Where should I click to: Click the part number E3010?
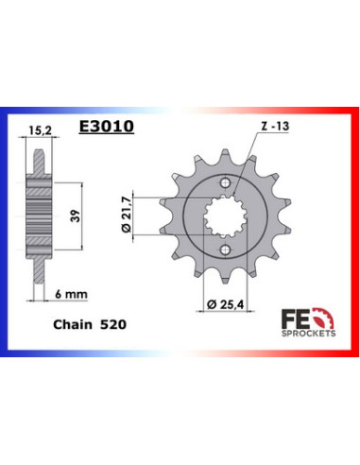pos(107,127)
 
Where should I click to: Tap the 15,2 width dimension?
pos(40,130)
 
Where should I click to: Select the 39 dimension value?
pos(76,215)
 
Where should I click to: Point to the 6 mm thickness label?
pos(71,294)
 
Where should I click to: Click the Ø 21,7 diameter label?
pos(126,215)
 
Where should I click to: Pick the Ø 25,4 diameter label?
pos(225,304)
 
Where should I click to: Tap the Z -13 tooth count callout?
pos(275,126)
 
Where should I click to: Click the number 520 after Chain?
pos(113,324)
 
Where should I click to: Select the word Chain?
pos(73,324)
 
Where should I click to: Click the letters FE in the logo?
pos(296,319)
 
